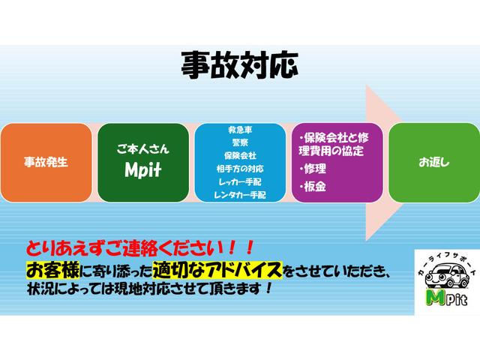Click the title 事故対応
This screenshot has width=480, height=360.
pos(239,66)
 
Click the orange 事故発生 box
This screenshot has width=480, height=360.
pos(46,161)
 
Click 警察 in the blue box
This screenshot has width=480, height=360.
pos(239,142)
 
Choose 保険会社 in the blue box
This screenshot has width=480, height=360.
pos(239,155)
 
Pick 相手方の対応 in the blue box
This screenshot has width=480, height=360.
pos(239,169)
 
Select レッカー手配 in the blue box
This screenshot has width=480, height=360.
pos(239,181)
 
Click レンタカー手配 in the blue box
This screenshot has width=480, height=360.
pos(239,195)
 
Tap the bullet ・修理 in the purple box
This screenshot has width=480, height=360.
pos(314,169)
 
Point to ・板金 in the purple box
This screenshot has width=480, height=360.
pos(314,187)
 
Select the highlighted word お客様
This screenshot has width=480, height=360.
pos(48,268)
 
